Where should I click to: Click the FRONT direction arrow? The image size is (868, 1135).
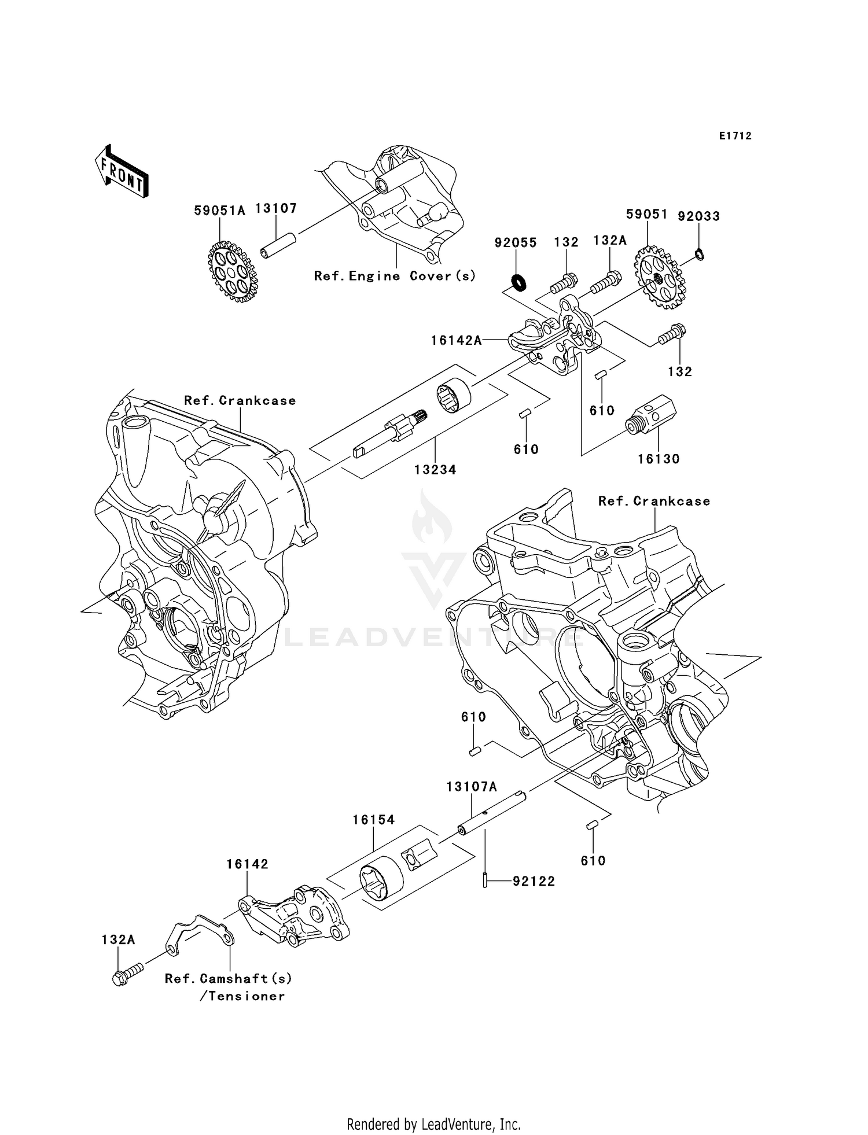point(121,172)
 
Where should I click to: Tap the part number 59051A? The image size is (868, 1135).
point(219,211)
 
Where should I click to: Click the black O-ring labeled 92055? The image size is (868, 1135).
point(518,282)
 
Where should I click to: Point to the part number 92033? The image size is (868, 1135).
point(698,216)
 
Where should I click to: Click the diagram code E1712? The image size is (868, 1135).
point(735,136)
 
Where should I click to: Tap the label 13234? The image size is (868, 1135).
point(435,470)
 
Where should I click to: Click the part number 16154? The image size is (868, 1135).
point(374,819)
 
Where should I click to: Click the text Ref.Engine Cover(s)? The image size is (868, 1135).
point(395,276)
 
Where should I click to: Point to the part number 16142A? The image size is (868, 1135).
point(456,341)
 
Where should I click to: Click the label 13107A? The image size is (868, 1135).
point(471,787)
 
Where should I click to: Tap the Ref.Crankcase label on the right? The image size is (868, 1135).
point(654,501)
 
